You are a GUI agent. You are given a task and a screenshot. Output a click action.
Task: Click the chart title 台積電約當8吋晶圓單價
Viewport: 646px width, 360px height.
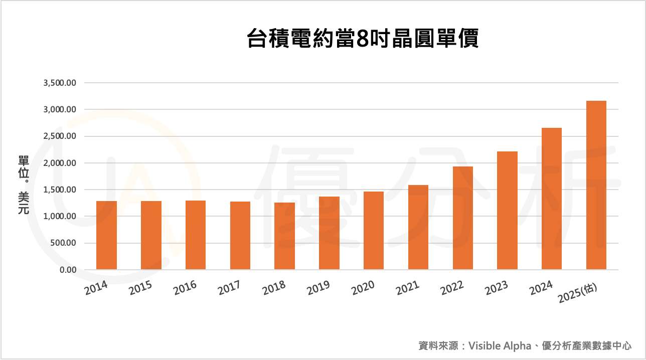click(363, 39)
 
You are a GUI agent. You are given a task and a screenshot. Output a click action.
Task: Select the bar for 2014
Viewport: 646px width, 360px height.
click(106, 235)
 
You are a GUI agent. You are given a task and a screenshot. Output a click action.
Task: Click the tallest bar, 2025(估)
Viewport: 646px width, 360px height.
click(596, 185)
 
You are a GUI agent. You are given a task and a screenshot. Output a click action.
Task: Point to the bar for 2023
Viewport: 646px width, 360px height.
click(507, 211)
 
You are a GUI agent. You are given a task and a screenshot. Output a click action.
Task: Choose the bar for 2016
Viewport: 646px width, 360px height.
click(196, 235)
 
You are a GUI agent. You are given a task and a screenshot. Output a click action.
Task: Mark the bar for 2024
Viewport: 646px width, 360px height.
click(552, 199)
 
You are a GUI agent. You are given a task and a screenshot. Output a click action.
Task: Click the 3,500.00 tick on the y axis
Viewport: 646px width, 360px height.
click(60, 83)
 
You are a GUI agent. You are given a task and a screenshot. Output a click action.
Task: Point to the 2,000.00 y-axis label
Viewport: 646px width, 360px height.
click(60, 163)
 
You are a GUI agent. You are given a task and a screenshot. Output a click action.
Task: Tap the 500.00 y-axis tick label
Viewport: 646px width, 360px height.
click(63, 243)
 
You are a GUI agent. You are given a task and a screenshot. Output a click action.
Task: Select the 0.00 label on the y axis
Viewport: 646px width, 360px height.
click(67, 270)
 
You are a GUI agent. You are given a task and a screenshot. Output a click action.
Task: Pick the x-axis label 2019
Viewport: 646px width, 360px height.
click(318, 288)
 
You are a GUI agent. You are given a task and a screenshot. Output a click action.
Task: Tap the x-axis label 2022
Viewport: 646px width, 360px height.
click(452, 288)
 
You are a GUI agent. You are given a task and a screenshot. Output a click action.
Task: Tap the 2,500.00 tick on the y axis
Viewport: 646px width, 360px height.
click(60, 136)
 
